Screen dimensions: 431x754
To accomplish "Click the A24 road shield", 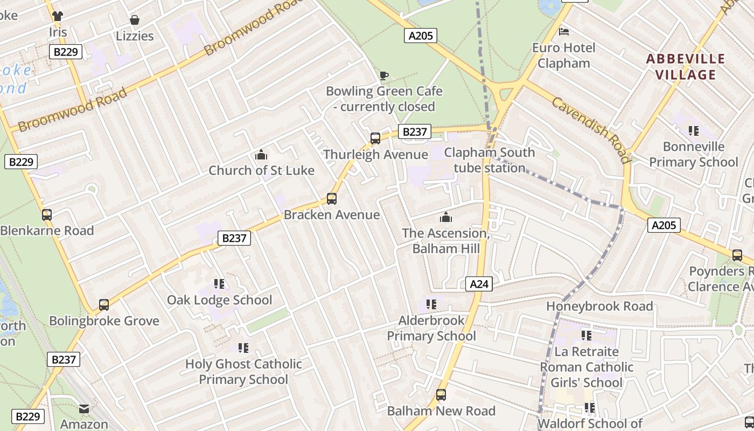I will [479, 284].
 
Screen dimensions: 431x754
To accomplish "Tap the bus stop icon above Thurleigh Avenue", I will [375, 138].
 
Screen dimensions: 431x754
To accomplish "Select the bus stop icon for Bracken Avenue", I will [332, 199].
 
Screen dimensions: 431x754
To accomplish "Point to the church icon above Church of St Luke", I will [261, 155].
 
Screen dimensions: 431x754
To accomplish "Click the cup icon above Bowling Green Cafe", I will [384, 75].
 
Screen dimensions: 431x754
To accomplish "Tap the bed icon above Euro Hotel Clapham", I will [564, 32].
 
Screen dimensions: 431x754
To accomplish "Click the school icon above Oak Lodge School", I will [219, 284].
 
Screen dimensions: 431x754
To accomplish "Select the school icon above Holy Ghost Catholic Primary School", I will [243, 348].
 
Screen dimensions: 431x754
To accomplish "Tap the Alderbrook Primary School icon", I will [431, 305].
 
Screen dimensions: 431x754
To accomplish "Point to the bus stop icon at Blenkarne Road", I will [47, 215].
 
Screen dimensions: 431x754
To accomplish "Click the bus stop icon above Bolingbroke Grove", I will [104, 305].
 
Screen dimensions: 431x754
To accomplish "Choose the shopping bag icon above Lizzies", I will [135, 20].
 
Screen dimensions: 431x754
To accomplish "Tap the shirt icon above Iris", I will [58, 16].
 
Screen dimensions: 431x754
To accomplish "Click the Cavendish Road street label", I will [590, 130].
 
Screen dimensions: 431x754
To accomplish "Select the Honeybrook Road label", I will [599, 306].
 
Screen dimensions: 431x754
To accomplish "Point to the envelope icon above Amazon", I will [84, 409].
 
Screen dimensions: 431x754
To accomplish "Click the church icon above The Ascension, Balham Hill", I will [446, 218].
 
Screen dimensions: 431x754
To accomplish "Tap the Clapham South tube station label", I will [489, 160].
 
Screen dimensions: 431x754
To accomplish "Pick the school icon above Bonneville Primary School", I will [694, 130].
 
